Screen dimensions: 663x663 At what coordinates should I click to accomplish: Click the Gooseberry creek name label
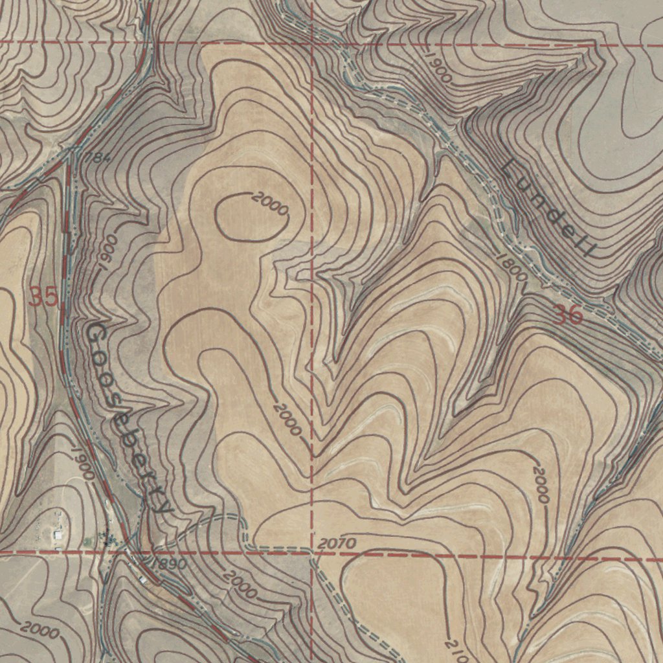129,418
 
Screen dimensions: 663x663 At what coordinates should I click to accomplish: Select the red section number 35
44,298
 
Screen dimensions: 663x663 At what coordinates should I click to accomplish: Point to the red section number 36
568,315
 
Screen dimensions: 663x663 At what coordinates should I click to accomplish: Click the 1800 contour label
511,266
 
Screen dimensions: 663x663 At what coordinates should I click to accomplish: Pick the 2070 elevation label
337,543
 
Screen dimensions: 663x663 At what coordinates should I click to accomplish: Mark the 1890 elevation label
169,563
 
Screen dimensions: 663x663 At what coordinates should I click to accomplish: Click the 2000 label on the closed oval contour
270,204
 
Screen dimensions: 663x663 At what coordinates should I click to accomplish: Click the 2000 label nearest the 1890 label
240,585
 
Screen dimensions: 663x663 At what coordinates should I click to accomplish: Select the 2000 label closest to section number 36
541,485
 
